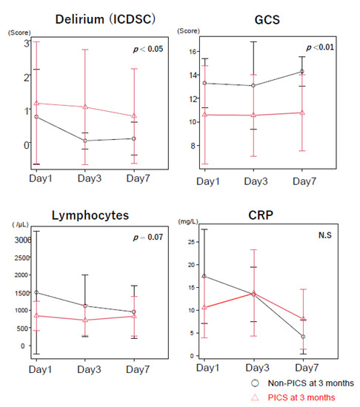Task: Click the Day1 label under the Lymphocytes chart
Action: click(x=35, y=369)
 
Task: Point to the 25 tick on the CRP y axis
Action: click(x=189, y=241)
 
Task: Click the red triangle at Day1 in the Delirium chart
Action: click(x=36, y=103)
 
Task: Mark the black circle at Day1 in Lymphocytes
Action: click(x=36, y=292)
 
